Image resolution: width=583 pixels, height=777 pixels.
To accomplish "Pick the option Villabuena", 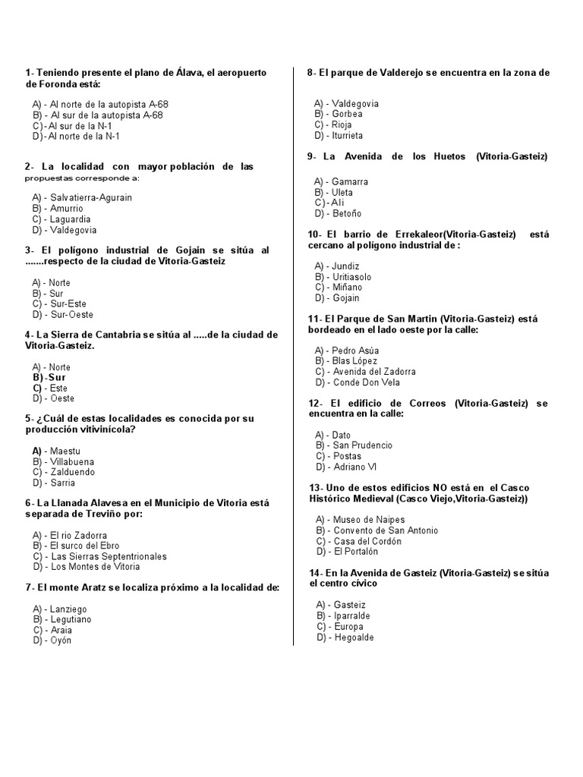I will click(x=73, y=461).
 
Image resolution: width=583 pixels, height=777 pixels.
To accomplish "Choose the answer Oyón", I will click(x=60, y=640).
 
